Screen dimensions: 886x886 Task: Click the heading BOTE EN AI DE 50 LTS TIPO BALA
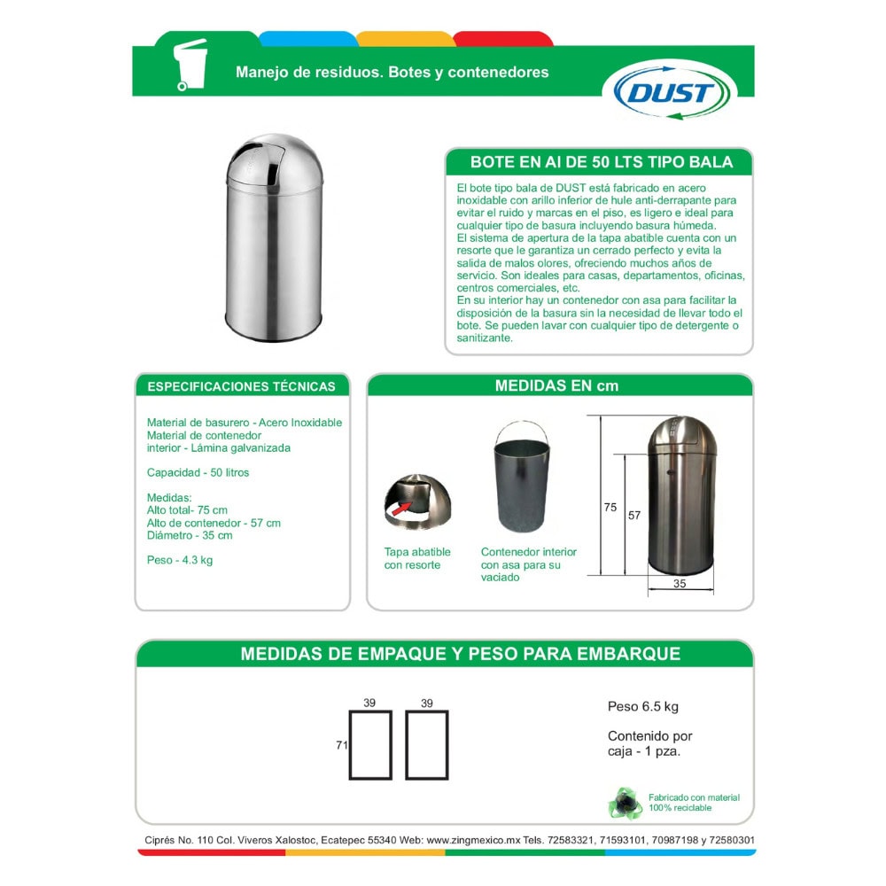(602, 162)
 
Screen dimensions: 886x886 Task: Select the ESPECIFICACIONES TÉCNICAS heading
(241, 386)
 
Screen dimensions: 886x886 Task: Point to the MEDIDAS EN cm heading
(556, 385)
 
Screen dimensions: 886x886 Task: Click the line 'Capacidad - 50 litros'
(198, 472)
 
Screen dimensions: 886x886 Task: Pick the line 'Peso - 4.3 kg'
(180, 560)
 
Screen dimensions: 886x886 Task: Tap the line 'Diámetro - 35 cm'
(190, 535)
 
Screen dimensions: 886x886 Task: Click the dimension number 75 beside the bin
(610, 508)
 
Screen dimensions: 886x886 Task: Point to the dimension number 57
(633, 516)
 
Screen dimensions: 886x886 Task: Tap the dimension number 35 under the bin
(680, 584)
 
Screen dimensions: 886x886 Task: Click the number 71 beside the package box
(341, 745)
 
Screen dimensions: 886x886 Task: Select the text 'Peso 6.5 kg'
(643, 706)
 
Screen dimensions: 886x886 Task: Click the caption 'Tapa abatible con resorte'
(417, 558)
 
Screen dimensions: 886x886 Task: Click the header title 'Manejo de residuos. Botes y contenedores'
(392, 72)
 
